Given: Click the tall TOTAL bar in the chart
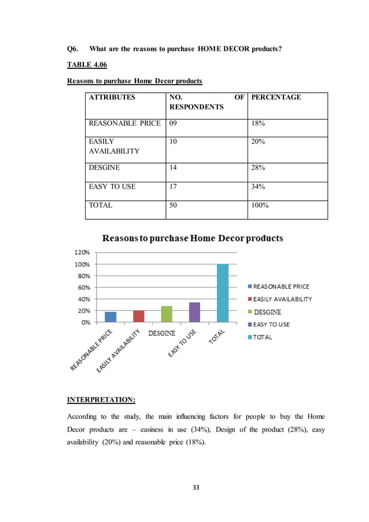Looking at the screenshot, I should [x=223, y=293].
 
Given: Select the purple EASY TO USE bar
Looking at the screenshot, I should [x=194, y=312].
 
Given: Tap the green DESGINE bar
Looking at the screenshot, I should [x=167, y=314].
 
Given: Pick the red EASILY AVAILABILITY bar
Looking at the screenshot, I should [x=139, y=316].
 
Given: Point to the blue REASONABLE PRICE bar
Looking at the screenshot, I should [x=110, y=317].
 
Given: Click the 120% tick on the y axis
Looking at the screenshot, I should [x=80, y=252].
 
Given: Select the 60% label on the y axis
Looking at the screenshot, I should [x=82, y=288].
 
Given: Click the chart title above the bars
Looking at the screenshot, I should [x=193, y=238].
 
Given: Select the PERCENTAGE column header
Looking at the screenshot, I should [x=276, y=97].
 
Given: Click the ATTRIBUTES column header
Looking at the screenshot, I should [x=112, y=97].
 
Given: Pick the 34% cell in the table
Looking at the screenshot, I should [x=258, y=186].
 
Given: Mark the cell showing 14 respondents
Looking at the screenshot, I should [x=174, y=167].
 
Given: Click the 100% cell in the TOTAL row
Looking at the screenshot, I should [x=260, y=205].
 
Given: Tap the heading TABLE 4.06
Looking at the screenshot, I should [x=87, y=65].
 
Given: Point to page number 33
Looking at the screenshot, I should [x=195, y=487].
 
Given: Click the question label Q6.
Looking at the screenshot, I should [x=73, y=49].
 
